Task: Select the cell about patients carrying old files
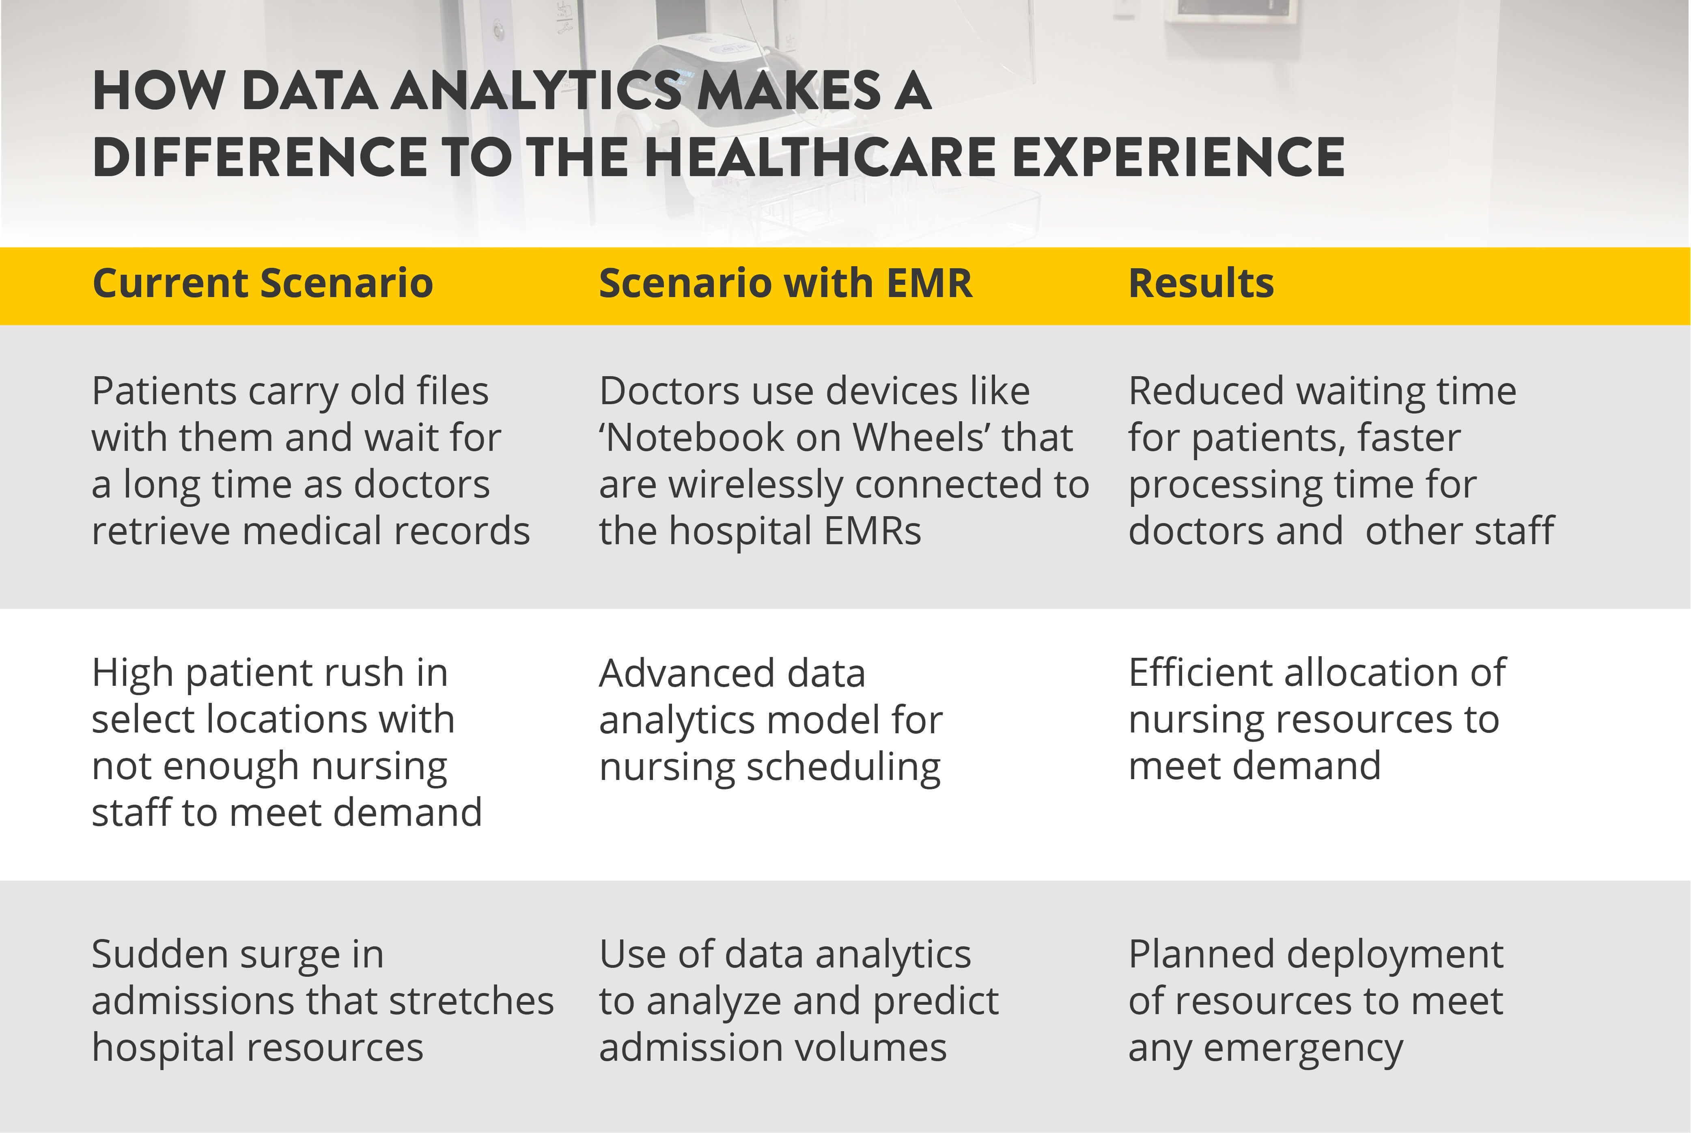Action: (311, 461)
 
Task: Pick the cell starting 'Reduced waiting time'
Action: (1340, 461)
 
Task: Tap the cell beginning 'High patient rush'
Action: (287, 742)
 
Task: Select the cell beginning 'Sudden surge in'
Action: (322, 1002)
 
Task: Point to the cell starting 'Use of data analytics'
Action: (799, 1002)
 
